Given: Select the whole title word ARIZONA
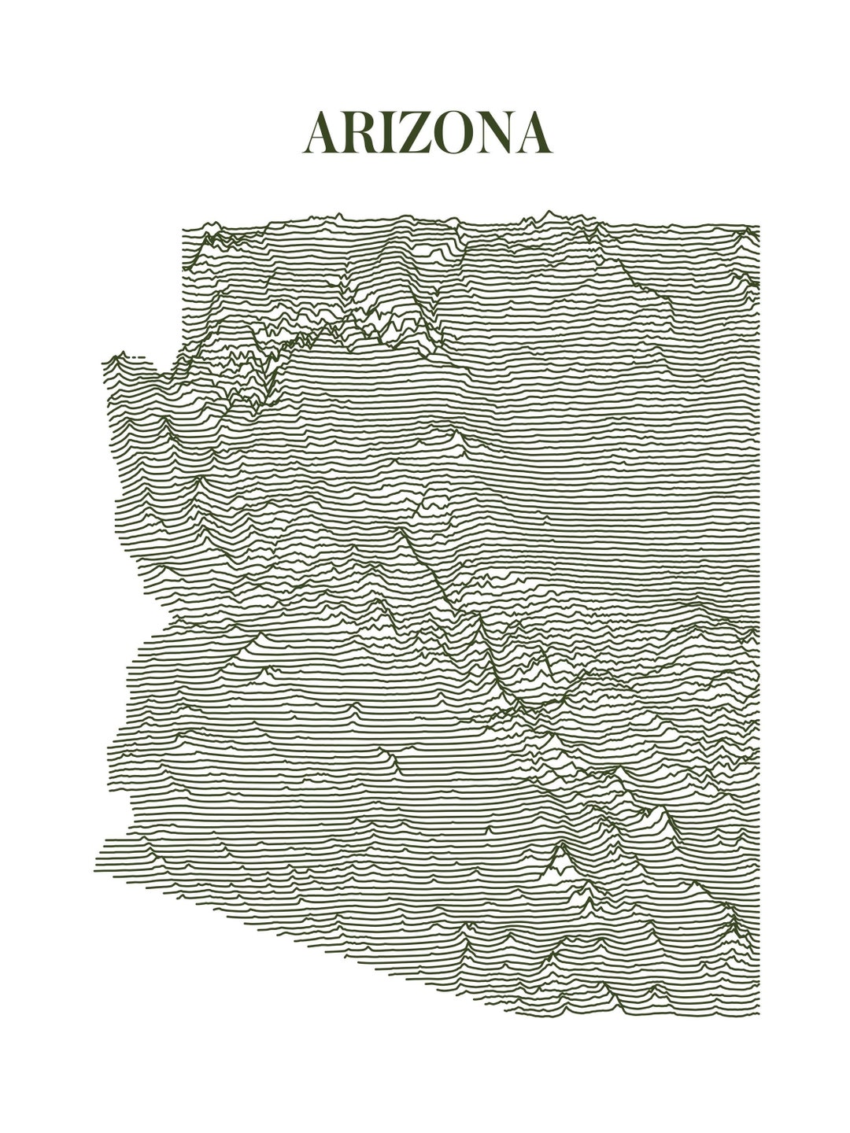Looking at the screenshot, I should coord(427,132).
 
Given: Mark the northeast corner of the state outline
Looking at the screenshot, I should coord(759,227).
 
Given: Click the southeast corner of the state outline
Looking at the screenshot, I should coord(759,1013).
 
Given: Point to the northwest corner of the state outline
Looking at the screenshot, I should coord(183,231).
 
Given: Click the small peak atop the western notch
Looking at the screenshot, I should coord(117,356).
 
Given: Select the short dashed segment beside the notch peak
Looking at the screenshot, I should coord(137,358).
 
